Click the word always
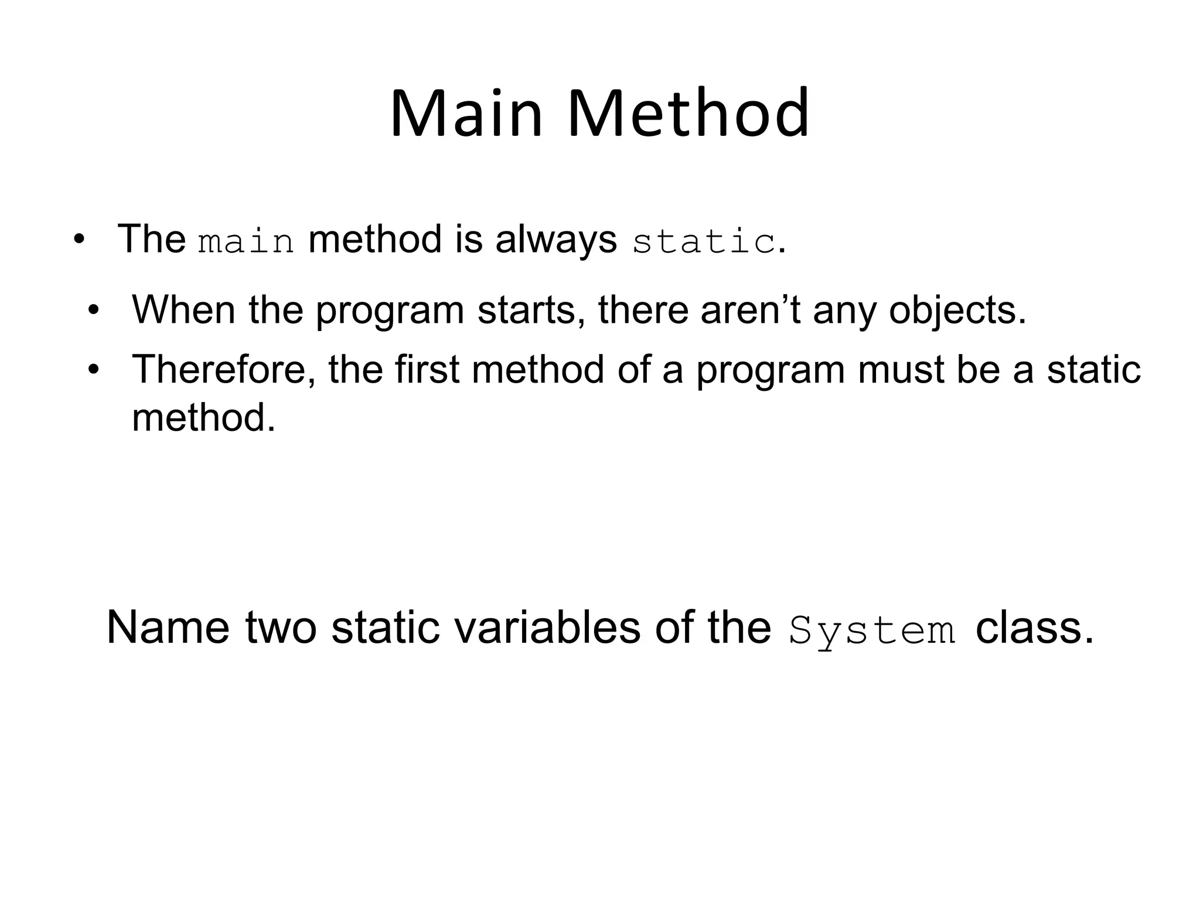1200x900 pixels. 555,240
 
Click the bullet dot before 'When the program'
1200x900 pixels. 94,311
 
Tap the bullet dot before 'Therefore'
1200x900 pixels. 94,370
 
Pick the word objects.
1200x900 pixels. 957,311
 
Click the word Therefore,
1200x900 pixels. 224,370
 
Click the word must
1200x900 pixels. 901,370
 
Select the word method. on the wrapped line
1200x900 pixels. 203,418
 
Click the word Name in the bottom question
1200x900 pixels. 168,628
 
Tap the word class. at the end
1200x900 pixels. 1034,628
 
